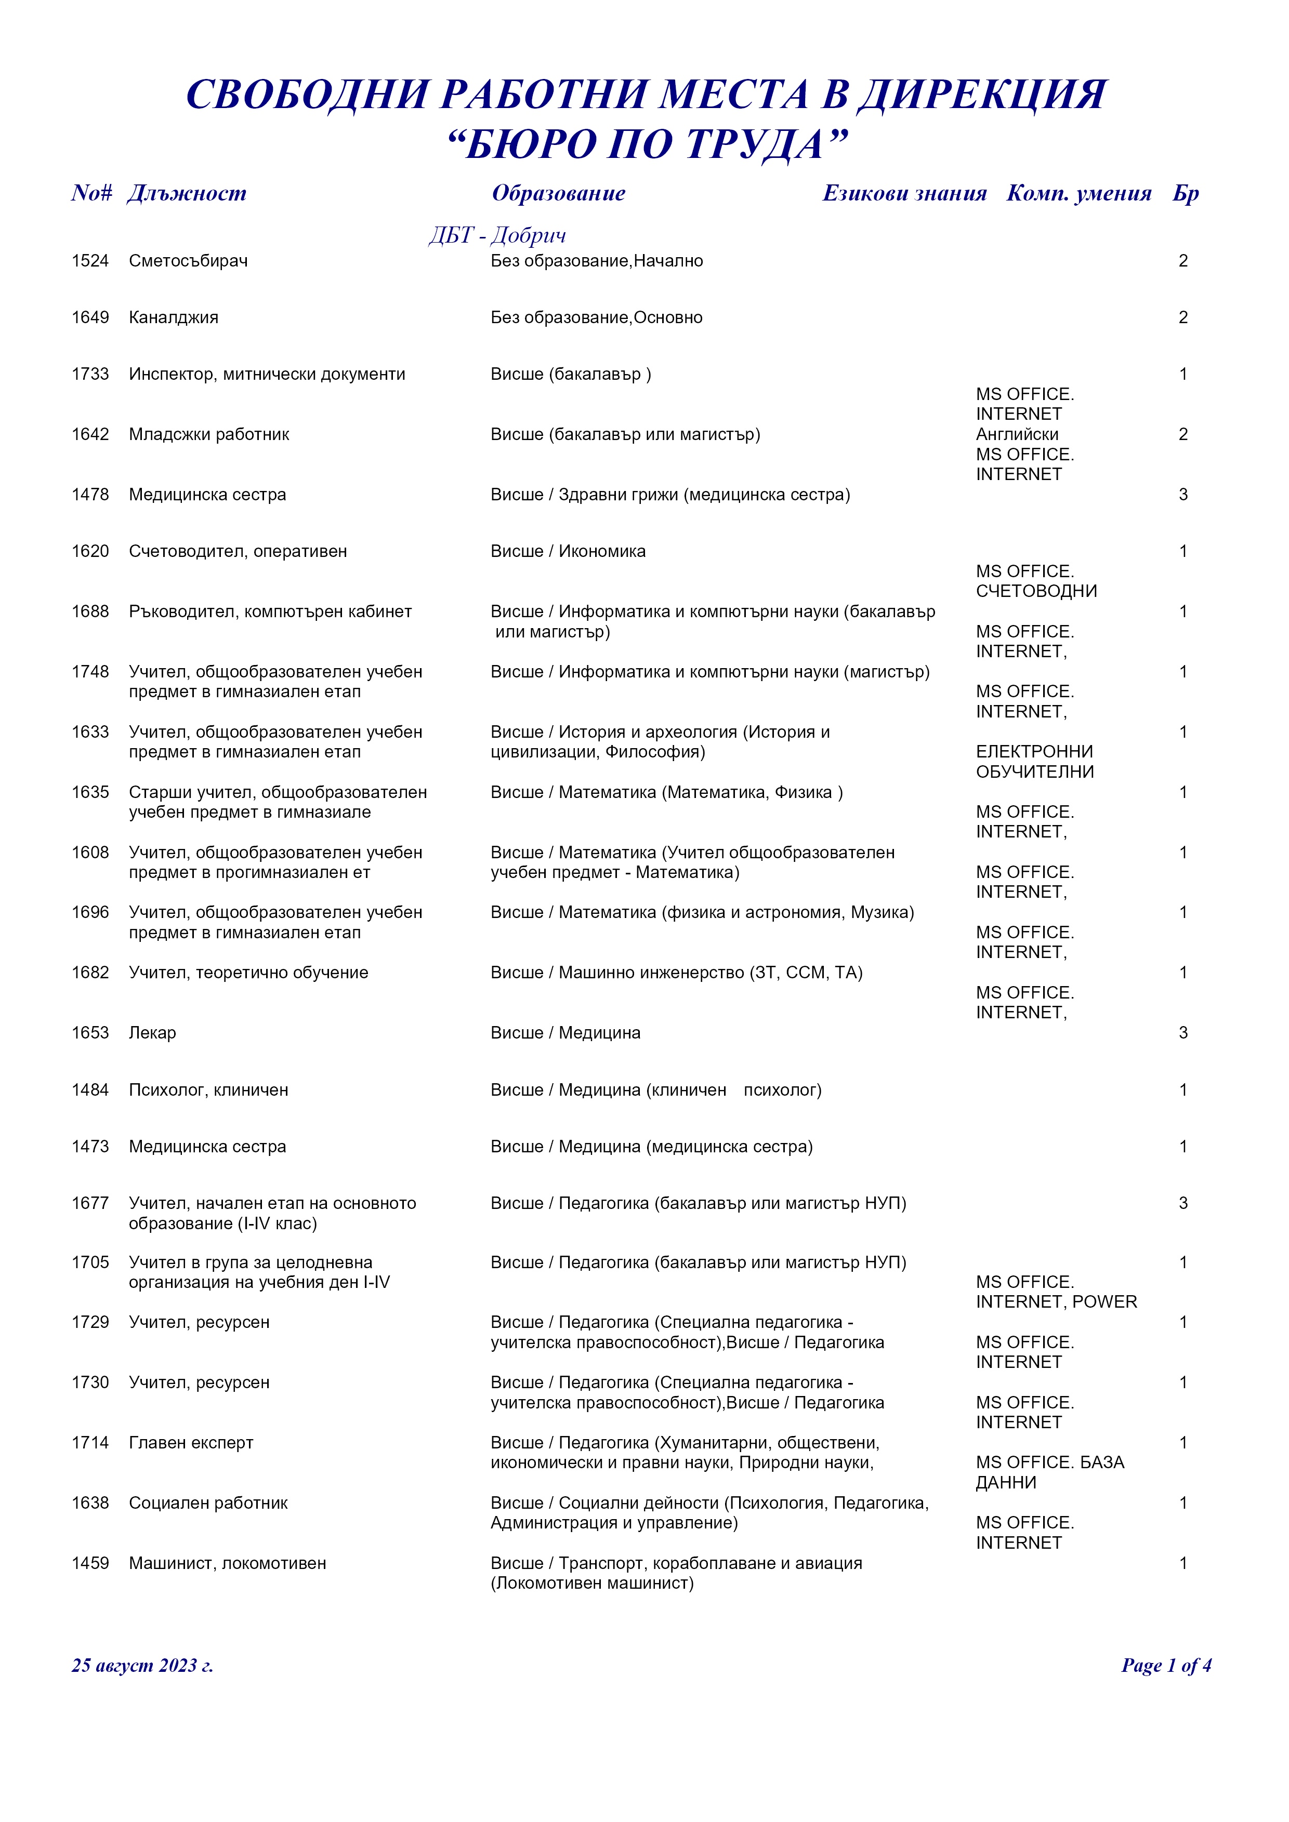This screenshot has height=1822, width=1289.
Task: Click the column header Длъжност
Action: (187, 194)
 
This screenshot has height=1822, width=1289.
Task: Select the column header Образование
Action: (558, 194)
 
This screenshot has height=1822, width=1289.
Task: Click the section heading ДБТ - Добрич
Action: (497, 236)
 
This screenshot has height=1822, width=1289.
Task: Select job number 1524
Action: (90, 261)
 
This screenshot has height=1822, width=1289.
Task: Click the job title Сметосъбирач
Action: (188, 261)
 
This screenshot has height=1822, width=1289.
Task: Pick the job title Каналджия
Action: (173, 317)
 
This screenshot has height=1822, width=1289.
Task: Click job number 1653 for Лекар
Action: (90, 1033)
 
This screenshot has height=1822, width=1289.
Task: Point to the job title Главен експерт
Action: (191, 1443)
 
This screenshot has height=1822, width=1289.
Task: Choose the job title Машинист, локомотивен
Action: (227, 1563)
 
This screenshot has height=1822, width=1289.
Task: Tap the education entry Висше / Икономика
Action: (568, 552)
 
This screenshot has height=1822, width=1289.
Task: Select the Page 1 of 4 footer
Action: (1165, 1665)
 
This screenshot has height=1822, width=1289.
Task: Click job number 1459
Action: (90, 1563)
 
